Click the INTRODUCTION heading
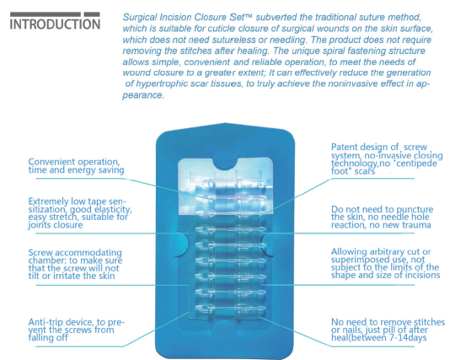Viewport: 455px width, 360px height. (55, 24)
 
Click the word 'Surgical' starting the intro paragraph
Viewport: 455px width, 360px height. (140, 18)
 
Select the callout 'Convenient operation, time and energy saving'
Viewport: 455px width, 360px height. (76, 166)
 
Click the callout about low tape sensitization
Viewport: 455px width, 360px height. (80, 213)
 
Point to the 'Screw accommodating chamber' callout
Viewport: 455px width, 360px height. (76, 264)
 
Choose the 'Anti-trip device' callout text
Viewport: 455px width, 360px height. (77, 330)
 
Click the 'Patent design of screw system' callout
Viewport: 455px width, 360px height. (387, 159)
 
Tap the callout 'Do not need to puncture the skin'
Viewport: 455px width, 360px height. (383, 218)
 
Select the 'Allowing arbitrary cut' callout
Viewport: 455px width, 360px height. (386, 263)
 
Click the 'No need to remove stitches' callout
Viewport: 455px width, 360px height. (388, 330)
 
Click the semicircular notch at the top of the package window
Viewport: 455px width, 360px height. (226, 164)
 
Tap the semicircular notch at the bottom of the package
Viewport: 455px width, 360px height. (226, 326)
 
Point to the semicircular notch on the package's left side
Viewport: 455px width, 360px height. (182, 244)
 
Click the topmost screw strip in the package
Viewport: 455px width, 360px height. (234, 183)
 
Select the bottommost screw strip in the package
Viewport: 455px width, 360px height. (231, 308)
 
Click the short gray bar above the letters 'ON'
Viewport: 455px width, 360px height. (92, 14)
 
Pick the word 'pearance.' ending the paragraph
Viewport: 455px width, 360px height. (143, 95)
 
